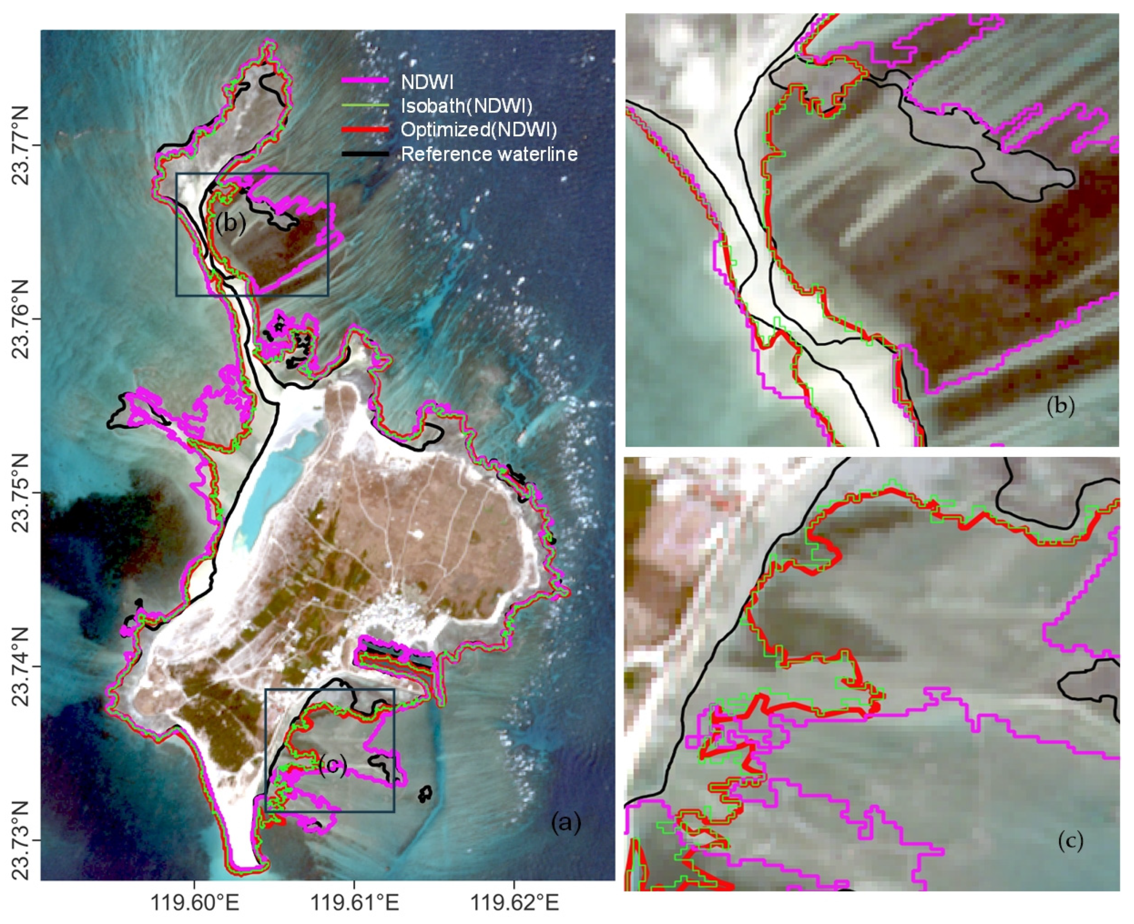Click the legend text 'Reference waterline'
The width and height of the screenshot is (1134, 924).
tap(489, 154)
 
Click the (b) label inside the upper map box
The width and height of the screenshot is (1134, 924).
tap(231, 224)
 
